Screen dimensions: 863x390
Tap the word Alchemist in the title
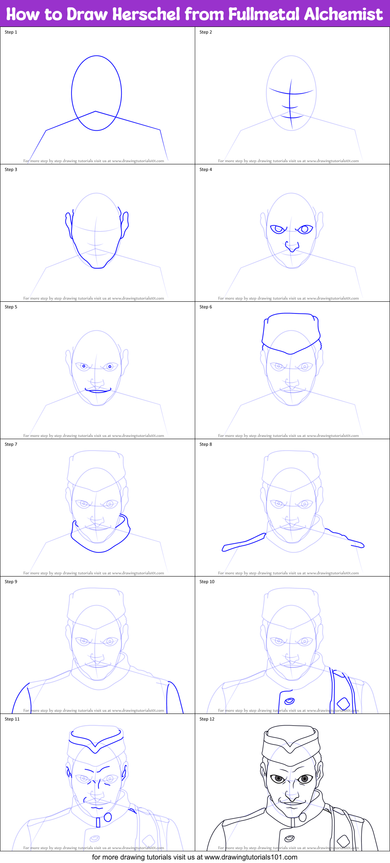[x=343, y=14]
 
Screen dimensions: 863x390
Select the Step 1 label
[x=11, y=32]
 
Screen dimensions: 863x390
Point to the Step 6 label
[x=206, y=307]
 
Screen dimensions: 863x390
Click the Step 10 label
[x=207, y=582]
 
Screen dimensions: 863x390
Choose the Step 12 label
[x=207, y=719]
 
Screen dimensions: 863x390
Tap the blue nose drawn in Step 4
[x=291, y=247]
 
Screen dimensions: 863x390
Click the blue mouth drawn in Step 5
[x=98, y=390]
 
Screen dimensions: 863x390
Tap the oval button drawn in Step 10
[x=289, y=701]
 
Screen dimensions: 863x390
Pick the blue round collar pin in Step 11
[x=108, y=817]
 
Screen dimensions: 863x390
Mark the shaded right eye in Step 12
[x=305, y=779]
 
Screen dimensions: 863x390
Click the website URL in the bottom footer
[x=251, y=857]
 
